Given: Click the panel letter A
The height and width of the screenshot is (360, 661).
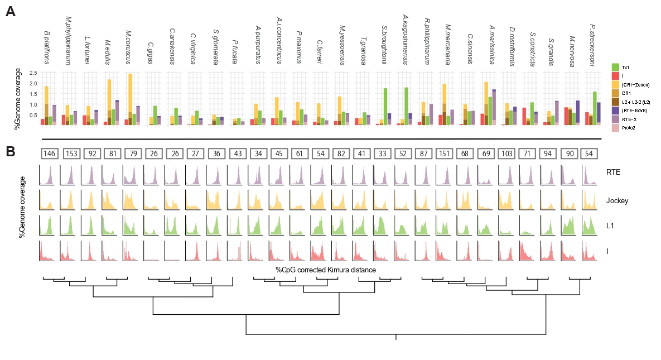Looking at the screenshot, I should pyautogui.click(x=10, y=11).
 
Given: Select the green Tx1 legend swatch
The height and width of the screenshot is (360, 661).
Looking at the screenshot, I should pyautogui.click(x=616, y=66).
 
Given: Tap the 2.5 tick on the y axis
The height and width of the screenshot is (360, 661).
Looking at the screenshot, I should pyautogui.click(x=33, y=73).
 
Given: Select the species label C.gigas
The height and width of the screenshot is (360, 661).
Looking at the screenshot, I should pyautogui.click(x=151, y=54).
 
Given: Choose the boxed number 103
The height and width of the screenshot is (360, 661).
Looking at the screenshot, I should pyautogui.click(x=506, y=153).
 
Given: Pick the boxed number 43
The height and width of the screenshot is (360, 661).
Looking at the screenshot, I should pyautogui.click(x=237, y=153).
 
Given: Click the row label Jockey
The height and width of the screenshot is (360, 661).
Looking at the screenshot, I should pyautogui.click(x=615, y=198).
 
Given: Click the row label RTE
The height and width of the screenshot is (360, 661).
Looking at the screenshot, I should pyautogui.click(x=613, y=173).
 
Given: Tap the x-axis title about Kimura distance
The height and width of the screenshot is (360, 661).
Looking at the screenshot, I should pyautogui.click(x=326, y=270).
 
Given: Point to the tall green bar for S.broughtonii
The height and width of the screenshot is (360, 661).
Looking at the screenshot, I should pyautogui.click(x=385, y=106).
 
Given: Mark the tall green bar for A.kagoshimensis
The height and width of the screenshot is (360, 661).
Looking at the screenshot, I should pyautogui.click(x=407, y=105).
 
